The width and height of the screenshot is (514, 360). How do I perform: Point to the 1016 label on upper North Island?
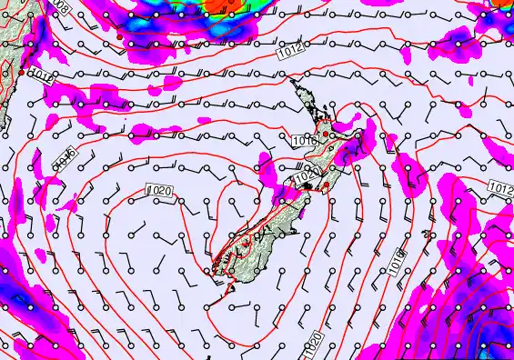coord(304,140)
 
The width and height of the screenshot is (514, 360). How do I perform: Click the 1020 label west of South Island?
coord(157,190)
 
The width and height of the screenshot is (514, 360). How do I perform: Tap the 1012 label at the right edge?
coord(499,187)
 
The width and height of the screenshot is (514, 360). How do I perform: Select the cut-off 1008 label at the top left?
coord(60,5)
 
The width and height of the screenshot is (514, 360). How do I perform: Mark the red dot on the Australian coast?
coord(21,71)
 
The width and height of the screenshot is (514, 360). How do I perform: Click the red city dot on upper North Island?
coord(325,134)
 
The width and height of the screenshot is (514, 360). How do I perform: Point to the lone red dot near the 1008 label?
coord(119,36)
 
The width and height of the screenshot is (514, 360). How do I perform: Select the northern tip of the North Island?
coord(293,81)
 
